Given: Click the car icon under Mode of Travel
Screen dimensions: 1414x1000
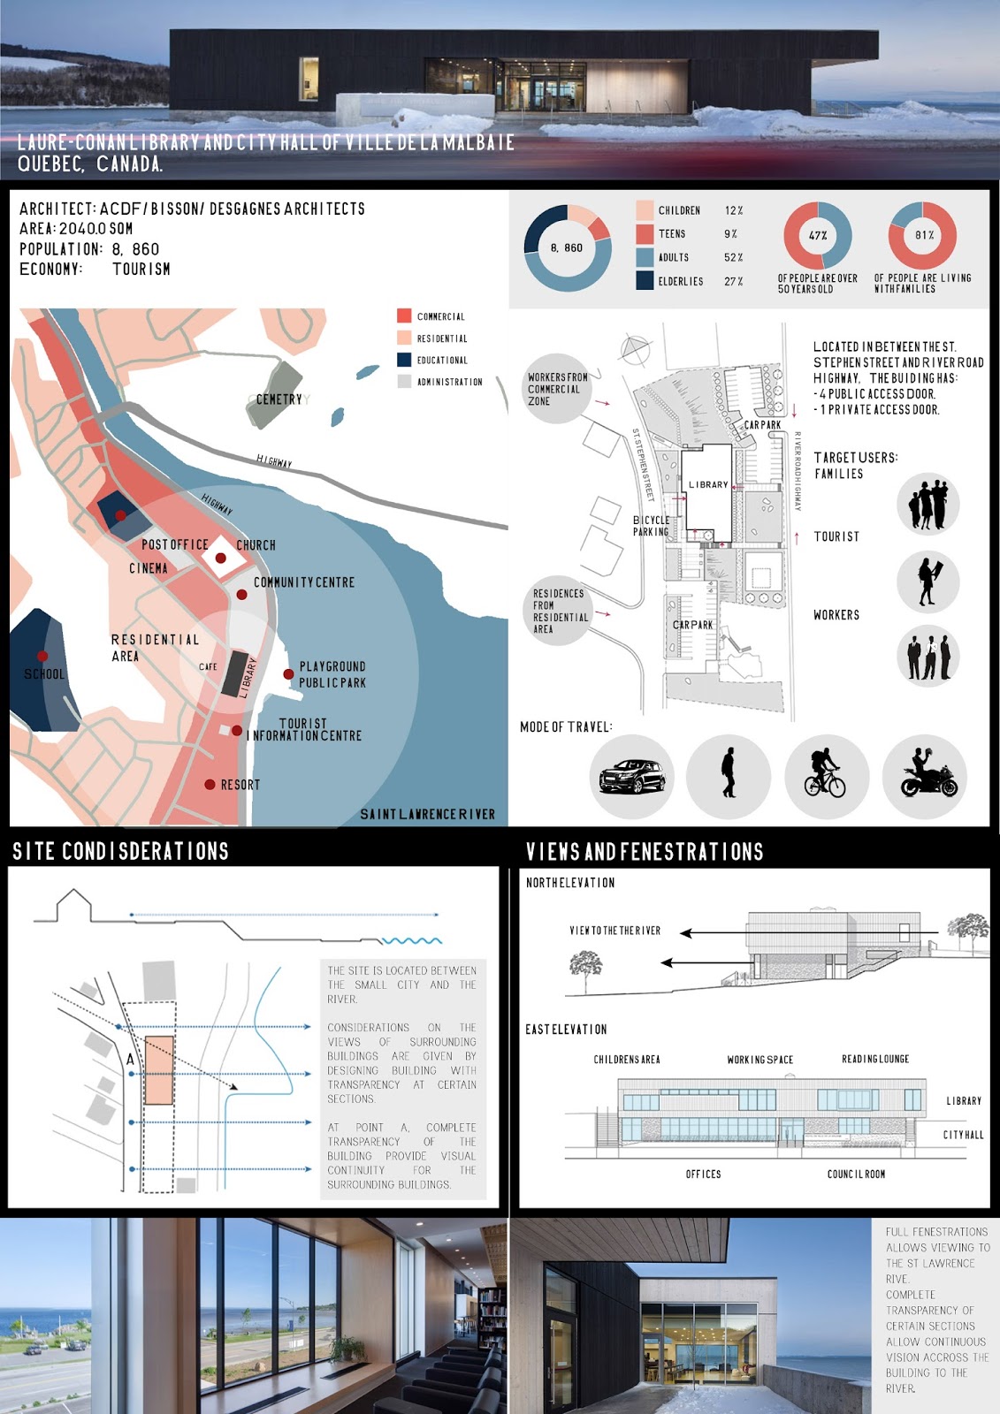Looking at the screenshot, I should (x=632, y=777).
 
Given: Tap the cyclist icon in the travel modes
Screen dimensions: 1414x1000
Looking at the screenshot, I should (x=825, y=774).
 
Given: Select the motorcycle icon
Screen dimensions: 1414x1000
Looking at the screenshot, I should (x=927, y=774).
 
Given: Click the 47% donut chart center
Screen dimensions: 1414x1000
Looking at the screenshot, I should (x=818, y=236).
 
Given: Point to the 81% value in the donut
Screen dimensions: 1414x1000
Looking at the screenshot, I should (x=924, y=236).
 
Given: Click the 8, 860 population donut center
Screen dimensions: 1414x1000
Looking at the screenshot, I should (x=567, y=248).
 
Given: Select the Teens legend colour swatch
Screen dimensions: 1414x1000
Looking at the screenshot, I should (x=645, y=234).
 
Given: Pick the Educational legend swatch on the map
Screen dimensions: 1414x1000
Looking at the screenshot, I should (x=404, y=360).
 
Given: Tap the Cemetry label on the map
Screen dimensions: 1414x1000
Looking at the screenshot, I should (x=279, y=399).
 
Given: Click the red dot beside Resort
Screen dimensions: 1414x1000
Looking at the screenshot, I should (x=210, y=784).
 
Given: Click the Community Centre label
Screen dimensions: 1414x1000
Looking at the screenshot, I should (x=304, y=582).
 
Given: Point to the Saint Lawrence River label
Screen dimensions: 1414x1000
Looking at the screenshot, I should (x=427, y=814).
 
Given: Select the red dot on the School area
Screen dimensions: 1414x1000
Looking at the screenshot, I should (x=42, y=656).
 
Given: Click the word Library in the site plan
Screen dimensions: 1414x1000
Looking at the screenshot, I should (x=708, y=485).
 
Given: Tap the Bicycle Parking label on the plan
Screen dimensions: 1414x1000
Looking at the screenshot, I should (x=652, y=526).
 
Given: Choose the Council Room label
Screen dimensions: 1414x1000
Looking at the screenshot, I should (x=856, y=1175).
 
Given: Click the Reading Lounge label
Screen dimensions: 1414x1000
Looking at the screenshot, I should (x=875, y=1059).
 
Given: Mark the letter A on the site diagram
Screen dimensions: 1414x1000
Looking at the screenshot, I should (x=131, y=1059).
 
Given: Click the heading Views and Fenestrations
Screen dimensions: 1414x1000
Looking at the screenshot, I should (x=645, y=852).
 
